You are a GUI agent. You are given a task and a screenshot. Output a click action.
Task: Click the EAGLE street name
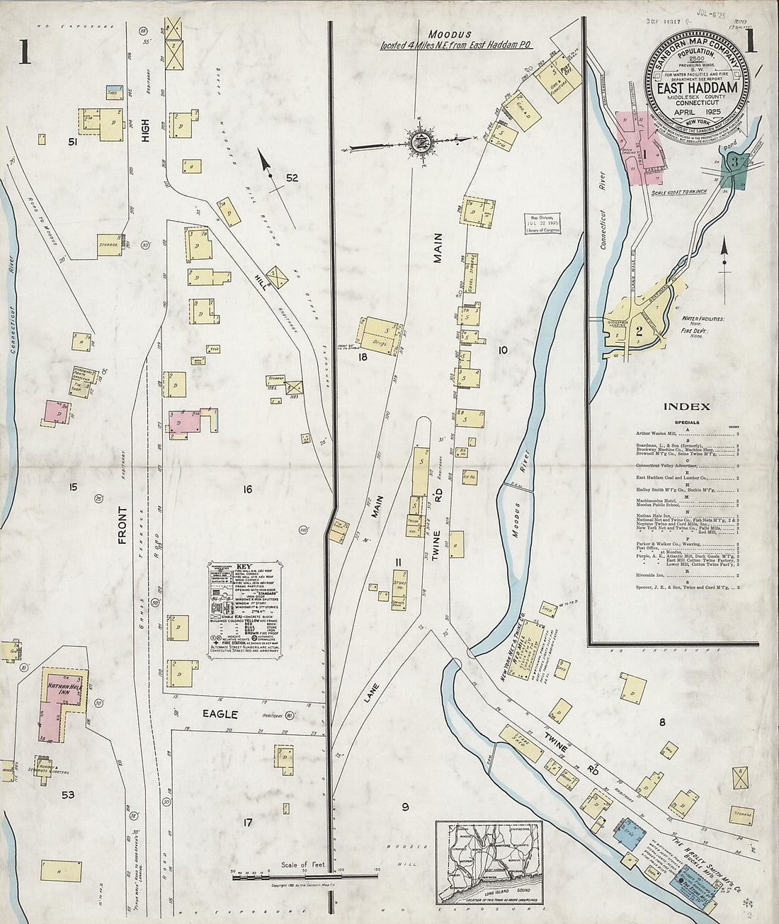(220, 714)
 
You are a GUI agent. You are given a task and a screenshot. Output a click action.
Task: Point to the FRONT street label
(124, 525)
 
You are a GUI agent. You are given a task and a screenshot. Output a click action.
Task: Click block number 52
(292, 178)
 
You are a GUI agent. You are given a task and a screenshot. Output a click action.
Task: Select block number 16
(247, 489)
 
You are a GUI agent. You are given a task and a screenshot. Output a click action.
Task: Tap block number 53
(68, 794)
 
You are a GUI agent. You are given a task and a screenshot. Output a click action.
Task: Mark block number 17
(247, 822)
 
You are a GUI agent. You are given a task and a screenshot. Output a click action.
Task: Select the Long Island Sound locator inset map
(489, 862)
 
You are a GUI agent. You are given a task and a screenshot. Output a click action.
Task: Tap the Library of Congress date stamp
(542, 222)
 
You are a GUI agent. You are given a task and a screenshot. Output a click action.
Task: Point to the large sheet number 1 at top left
(25, 51)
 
